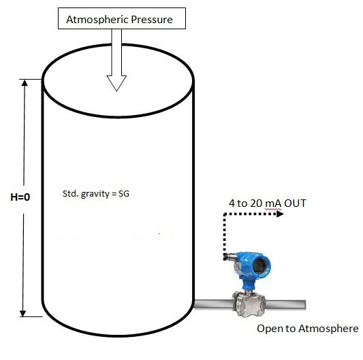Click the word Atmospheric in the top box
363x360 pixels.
[95, 20]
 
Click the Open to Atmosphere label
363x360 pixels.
[307, 329]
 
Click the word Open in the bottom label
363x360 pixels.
[268, 329]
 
